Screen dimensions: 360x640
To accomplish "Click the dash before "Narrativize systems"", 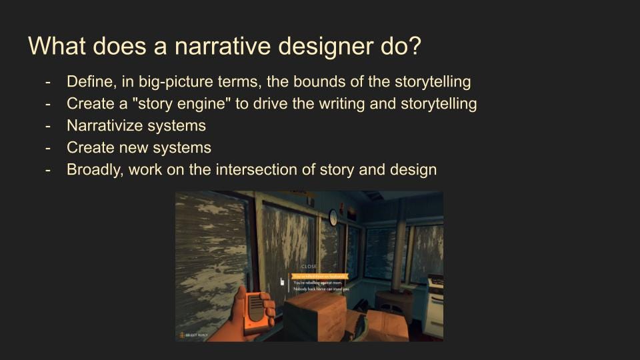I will [48, 125].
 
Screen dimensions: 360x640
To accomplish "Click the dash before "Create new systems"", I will [48, 147].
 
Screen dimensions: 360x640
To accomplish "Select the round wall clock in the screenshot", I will [333, 217].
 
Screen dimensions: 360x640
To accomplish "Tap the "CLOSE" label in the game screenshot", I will [309, 267].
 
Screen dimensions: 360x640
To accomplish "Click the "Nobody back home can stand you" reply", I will [321, 289].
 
